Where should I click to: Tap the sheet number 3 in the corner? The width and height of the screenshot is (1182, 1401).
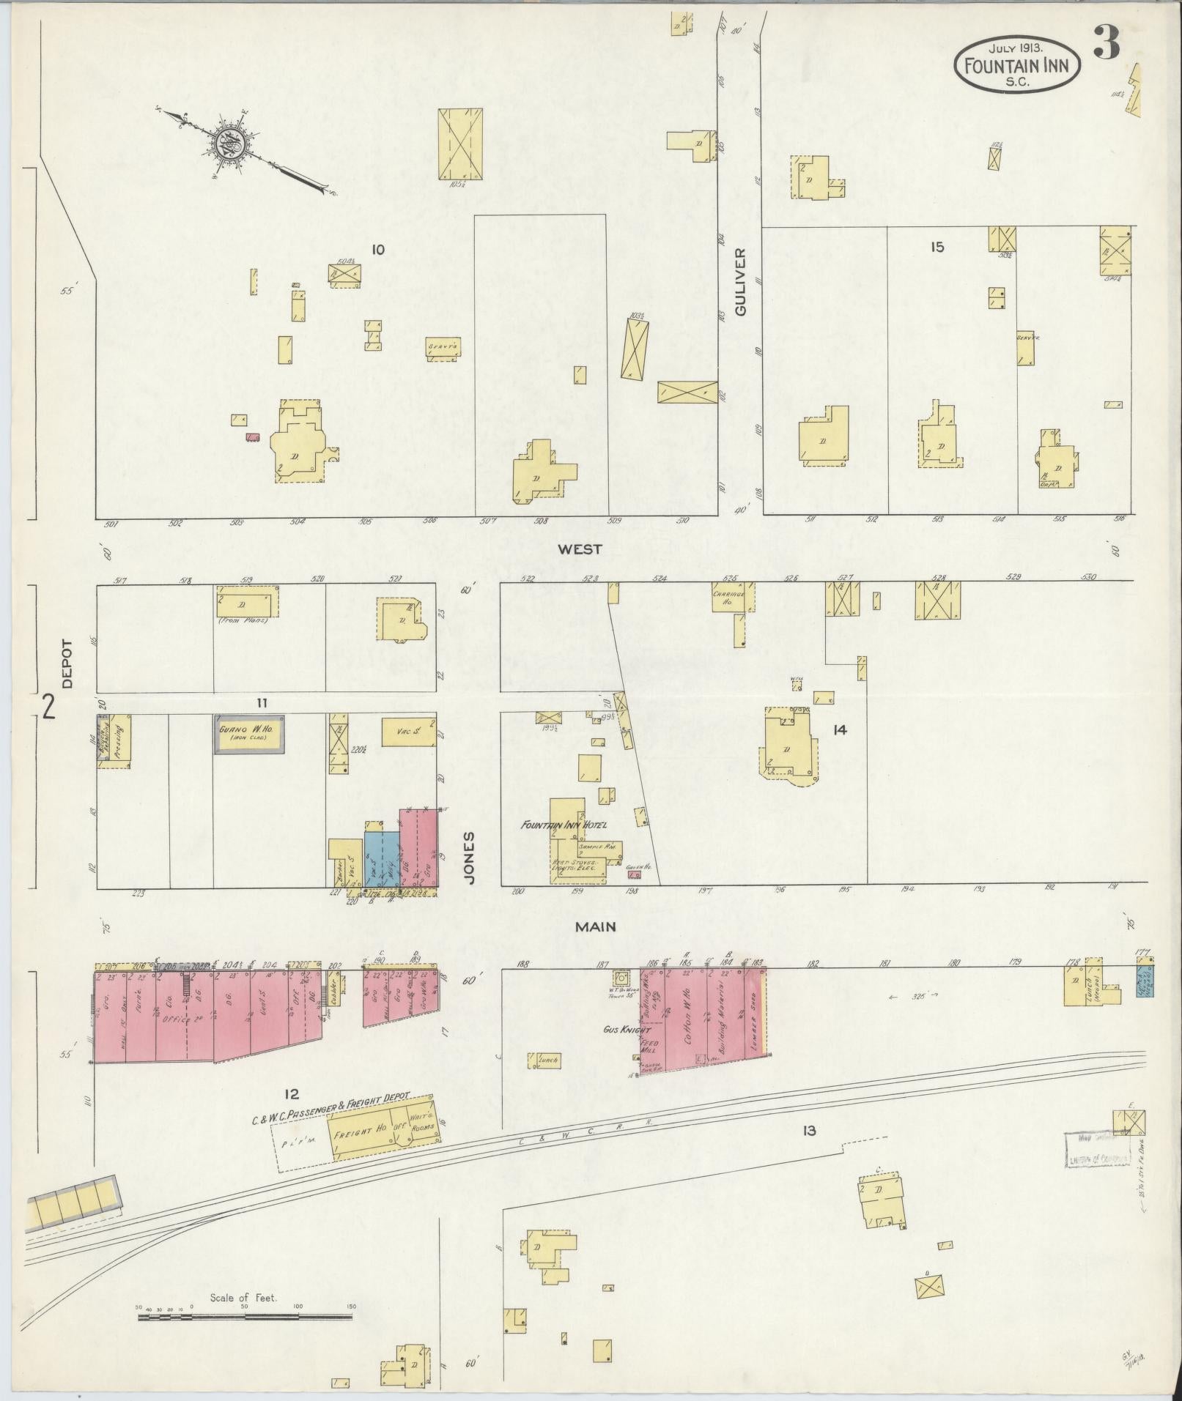1107,45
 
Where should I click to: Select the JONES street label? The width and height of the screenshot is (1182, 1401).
470,857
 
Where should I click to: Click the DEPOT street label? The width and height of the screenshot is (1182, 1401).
67,664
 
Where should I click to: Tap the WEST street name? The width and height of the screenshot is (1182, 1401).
579,549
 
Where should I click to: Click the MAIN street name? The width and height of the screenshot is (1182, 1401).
595,926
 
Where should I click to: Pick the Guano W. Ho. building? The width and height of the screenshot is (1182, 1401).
249,734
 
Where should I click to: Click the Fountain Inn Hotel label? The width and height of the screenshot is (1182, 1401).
564,825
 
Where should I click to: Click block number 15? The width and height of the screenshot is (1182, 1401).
937,247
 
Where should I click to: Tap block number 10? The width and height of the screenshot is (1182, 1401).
377,250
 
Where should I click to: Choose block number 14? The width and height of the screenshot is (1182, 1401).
840,730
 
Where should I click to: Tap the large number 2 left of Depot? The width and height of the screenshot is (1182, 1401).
49,708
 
